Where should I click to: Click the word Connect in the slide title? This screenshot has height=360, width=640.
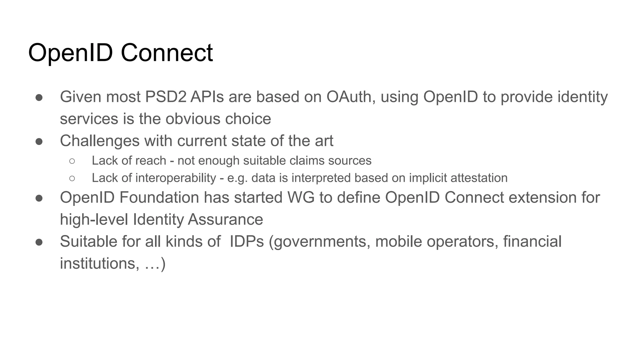167,52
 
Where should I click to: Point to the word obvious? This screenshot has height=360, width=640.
192,119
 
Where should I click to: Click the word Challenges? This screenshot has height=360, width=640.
100,141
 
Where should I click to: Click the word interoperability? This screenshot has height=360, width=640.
176,178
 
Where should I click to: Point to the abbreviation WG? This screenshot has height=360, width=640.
301,197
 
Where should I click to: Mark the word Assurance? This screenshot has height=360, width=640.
225,219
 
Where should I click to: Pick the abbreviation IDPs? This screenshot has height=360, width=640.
247,242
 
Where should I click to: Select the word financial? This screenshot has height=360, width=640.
532,242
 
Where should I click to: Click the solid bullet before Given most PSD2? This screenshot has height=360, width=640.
39,97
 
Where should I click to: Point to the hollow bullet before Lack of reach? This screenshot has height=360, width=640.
72,161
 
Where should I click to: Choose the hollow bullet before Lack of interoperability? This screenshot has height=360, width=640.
72,178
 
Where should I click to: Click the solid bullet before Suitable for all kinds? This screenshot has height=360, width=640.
39,242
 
